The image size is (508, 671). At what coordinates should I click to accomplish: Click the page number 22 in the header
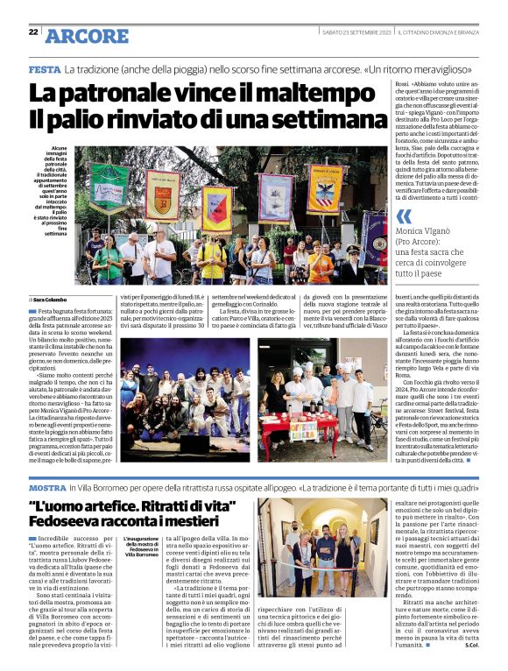click(x=33, y=32)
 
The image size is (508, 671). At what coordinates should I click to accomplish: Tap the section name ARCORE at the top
click(x=87, y=36)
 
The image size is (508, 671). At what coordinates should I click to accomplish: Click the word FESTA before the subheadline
click(x=44, y=68)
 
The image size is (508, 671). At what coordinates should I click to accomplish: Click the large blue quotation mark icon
click(x=404, y=216)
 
